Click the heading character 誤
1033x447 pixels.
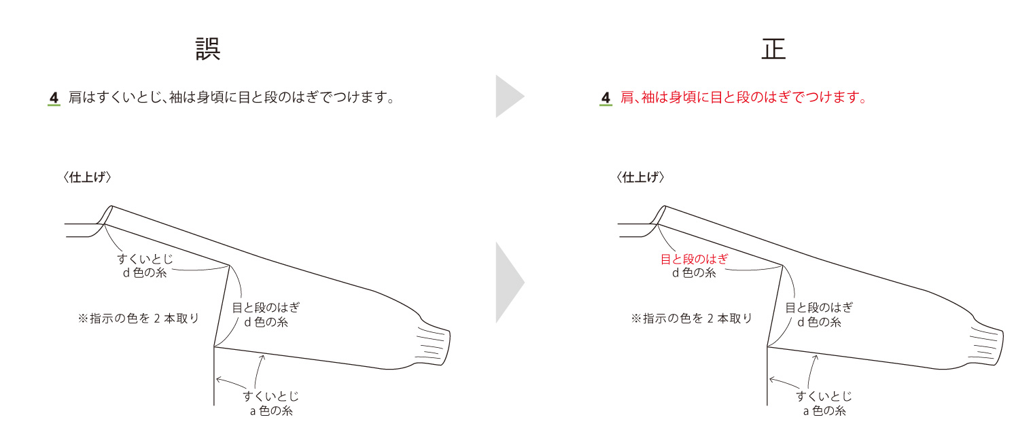point(208,49)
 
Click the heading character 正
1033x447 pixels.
point(773,49)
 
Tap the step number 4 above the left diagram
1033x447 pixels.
point(54,98)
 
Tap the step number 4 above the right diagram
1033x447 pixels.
point(606,98)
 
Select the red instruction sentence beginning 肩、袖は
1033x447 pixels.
point(744,97)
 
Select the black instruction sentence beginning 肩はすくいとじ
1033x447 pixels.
point(232,97)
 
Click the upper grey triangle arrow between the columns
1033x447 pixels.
point(510,96)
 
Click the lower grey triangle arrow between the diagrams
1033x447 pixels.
point(510,283)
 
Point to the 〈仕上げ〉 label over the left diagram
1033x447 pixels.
point(87,177)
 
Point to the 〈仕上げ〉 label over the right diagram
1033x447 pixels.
point(640,177)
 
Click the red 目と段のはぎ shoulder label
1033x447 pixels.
point(694,259)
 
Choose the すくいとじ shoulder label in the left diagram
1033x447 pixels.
point(145,259)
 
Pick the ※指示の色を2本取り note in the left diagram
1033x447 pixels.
point(139,319)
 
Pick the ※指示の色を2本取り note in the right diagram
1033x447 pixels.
point(691,319)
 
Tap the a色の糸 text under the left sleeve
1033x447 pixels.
point(271,410)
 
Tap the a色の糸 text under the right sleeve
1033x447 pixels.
point(824,410)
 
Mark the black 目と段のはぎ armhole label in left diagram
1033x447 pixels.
point(266,307)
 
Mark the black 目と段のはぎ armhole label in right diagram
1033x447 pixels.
point(819,307)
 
